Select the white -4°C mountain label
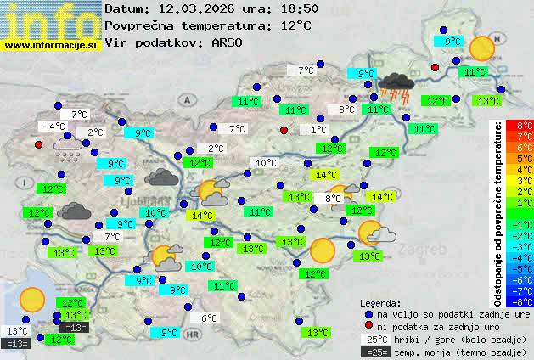click(x=54, y=127)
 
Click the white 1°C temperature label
click(x=318, y=130)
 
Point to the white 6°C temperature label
click(x=210, y=319)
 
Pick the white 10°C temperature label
click(x=266, y=163)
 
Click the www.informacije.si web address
click(x=51, y=45)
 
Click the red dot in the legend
click(x=368, y=326)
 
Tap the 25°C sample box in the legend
click(x=374, y=339)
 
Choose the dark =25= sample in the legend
click(x=374, y=352)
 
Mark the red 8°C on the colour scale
click(x=514, y=125)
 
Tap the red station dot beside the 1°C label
click(x=284, y=130)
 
